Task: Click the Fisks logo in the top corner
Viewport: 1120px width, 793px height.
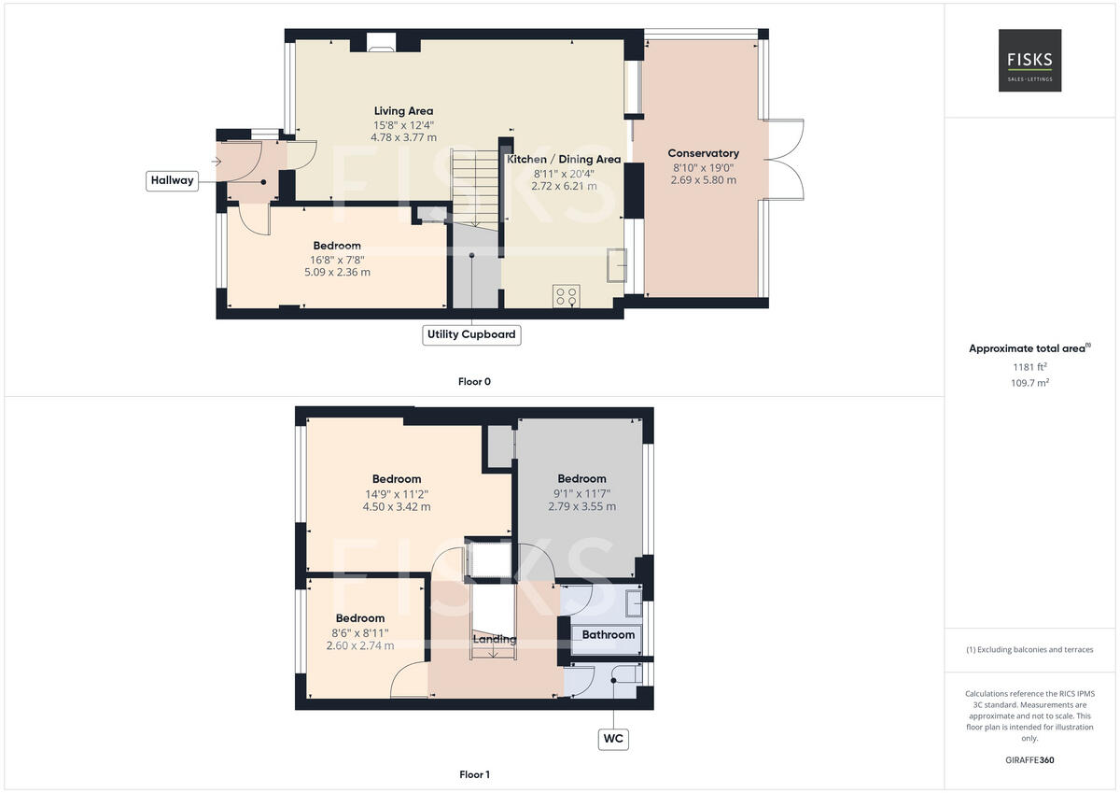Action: click(1029, 60)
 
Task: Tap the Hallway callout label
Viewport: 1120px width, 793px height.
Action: click(172, 180)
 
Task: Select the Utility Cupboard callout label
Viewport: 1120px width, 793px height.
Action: click(471, 334)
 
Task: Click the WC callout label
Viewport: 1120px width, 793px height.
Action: click(613, 740)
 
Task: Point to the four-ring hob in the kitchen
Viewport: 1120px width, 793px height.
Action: click(567, 296)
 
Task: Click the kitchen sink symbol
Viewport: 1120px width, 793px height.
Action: click(616, 265)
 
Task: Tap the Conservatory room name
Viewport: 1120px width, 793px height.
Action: click(703, 153)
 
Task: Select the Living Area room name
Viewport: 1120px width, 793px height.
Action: click(403, 111)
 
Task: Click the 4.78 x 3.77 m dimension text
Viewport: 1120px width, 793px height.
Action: click(403, 137)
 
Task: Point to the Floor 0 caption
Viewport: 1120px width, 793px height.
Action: click(474, 381)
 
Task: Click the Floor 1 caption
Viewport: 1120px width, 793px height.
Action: click(474, 774)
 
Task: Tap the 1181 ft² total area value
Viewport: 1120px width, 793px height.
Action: click(1029, 367)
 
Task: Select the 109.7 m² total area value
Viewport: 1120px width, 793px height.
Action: click(1029, 383)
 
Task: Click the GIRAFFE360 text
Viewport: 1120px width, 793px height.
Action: click(1029, 760)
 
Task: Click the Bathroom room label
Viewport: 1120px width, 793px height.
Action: click(609, 635)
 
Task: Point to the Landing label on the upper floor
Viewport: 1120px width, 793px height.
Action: click(494, 639)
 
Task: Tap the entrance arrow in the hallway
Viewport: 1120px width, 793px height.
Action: click(217, 162)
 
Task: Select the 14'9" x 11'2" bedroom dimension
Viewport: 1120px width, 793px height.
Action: click(397, 494)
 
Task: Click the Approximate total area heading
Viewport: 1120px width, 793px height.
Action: click(1029, 348)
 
